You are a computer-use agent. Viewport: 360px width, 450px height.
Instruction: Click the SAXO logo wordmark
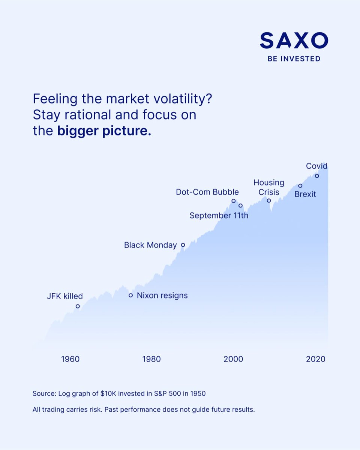pos(294,40)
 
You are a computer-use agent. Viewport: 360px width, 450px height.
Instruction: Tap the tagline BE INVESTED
pos(294,59)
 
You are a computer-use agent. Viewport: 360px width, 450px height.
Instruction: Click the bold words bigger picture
pos(104,132)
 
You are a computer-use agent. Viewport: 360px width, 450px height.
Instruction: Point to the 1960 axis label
pos(70,359)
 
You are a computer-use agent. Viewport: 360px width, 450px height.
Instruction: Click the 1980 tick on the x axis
pos(151,359)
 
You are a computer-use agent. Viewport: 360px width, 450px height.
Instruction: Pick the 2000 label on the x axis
pos(233,359)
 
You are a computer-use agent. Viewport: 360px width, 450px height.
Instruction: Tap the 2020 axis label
pos(315,359)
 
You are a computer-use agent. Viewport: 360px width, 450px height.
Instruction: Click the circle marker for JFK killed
pos(78,306)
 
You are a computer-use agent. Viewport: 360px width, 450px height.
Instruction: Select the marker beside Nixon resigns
pos(130,295)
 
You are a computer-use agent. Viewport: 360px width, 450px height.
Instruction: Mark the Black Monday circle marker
pos(183,245)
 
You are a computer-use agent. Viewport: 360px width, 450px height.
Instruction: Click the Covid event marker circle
pos(317,175)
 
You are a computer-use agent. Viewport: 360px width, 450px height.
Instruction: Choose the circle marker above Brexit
pos(300,186)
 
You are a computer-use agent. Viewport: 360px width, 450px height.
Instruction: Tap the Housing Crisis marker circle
pos(269,200)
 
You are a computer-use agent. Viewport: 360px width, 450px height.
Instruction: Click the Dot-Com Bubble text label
pos(207,192)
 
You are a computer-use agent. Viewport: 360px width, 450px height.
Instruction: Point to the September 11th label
pos(219,216)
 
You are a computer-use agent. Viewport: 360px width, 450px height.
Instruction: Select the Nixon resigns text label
pos(162,295)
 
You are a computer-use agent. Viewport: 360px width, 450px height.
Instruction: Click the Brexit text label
pos(305,194)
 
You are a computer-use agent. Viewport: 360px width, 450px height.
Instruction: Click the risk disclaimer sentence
pos(144,409)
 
